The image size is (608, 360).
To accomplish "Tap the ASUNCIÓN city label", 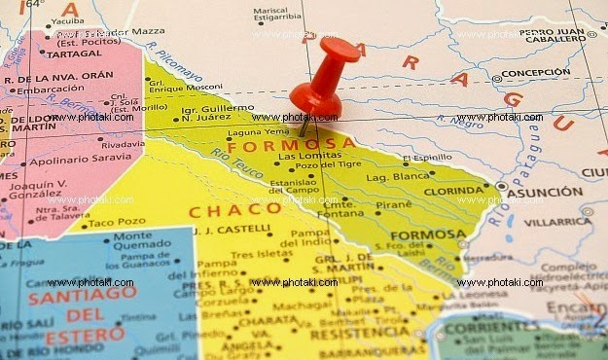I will click(545, 193).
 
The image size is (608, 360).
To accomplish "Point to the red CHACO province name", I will click(222, 210).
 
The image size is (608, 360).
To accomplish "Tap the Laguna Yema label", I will click(258, 131).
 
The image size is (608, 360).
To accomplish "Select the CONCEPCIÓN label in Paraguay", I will click(537, 73).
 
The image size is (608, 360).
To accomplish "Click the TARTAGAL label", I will click(46, 54).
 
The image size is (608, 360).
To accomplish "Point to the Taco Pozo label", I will click(117, 223).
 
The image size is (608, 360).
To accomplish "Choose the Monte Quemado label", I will click(145, 241).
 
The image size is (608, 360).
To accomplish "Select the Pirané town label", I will click(393, 204).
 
